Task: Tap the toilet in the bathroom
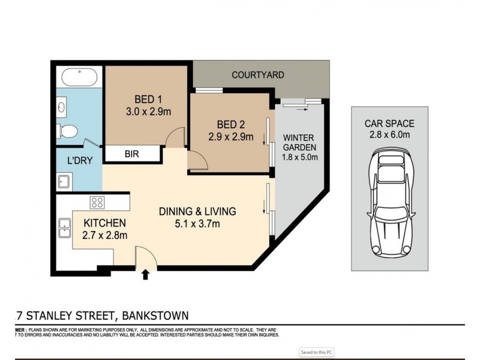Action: click(x=68, y=130)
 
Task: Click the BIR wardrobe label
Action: click(x=132, y=154)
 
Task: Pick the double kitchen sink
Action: click(x=64, y=227)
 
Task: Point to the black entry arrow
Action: click(x=145, y=275)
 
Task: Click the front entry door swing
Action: click(x=146, y=256)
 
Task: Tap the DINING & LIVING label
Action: click(x=197, y=211)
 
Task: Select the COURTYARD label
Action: click(x=258, y=75)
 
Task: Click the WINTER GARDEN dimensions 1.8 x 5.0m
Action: click(x=300, y=158)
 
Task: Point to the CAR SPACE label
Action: click(x=389, y=124)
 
